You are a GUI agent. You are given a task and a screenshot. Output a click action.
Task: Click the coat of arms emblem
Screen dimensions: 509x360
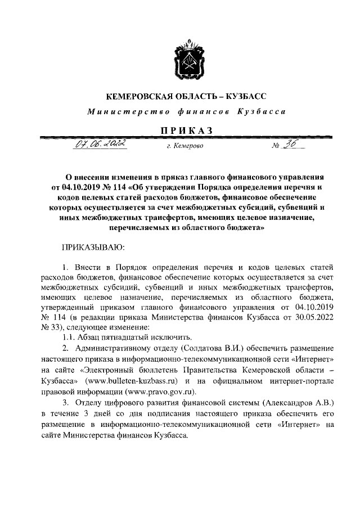coord(186,61)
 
